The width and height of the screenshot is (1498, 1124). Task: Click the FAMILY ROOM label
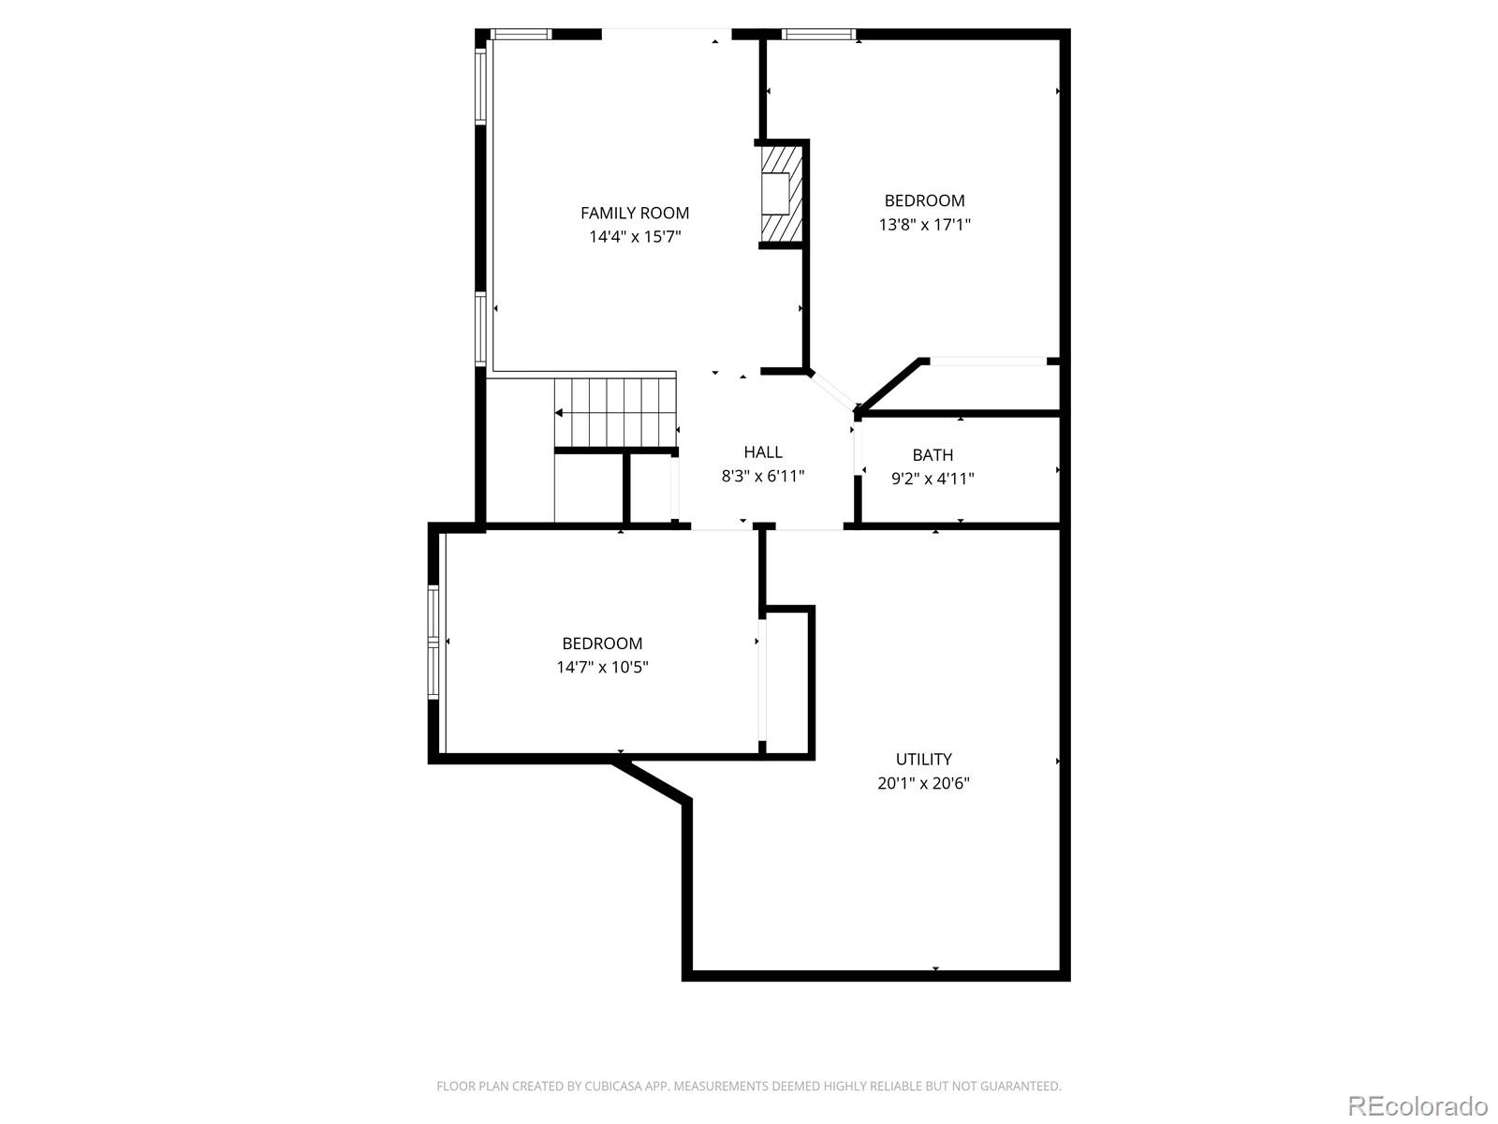pyautogui.click(x=635, y=213)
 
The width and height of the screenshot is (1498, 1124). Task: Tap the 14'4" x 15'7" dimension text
pyautogui.click(x=635, y=237)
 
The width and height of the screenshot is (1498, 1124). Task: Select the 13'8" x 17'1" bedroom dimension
pyautogui.click(x=924, y=225)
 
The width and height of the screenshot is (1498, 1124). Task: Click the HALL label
pyautogui.click(x=763, y=452)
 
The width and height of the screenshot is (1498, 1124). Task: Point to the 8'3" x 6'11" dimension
pyautogui.click(x=763, y=476)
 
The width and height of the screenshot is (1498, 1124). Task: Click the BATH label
pyautogui.click(x=933, y=455)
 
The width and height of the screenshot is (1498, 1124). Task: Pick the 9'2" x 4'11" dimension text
pyautogui.click(x=933, y=479)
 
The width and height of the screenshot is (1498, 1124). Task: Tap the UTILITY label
pyautogui.click(x=923, y=760)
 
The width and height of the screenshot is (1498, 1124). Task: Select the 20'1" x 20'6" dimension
pyautogui.click(x=923, y=783)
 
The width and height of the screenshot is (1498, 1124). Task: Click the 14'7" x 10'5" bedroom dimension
pyautogui.click(x=602, y=667)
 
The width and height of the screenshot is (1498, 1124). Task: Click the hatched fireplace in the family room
pyautogui.click(x=781, y=195)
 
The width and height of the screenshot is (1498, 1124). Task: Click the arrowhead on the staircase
pyautogui.click(x=559, y=412)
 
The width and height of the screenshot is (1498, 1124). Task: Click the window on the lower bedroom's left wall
pyautogui.click(x=433, y=642)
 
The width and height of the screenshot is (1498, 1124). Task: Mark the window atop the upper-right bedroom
pyautogui.click(x=818, y=35)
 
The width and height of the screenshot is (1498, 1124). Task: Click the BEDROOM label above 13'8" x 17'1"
pyautogui.click(x=924, y=200)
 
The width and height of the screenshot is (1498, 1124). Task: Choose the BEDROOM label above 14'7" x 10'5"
pyautogui.click(x=602, y=643)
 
